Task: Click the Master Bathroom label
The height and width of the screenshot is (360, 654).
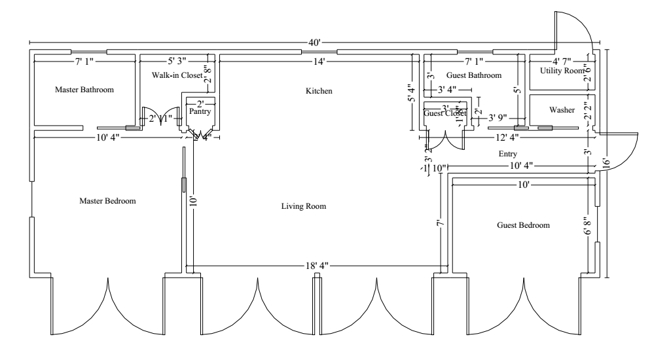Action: pos(84,90)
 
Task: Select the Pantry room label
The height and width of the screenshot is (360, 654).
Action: pos(200,112)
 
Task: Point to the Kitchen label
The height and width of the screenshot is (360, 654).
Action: pos(319,90)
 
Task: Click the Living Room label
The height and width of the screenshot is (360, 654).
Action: pos(303,206)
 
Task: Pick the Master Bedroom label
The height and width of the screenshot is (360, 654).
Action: pos(107,201)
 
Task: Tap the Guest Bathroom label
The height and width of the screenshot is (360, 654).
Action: pos(474,76)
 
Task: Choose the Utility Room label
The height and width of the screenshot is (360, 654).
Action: pos(561,71)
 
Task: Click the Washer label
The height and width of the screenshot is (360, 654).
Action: pos(562,110)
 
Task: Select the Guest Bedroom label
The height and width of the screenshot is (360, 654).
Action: pos(523,225)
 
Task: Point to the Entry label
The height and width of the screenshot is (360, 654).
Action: pos(508,154)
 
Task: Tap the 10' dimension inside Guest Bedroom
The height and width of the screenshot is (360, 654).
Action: pos(524,185)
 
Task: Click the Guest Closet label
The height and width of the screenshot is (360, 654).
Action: pos(445,113)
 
